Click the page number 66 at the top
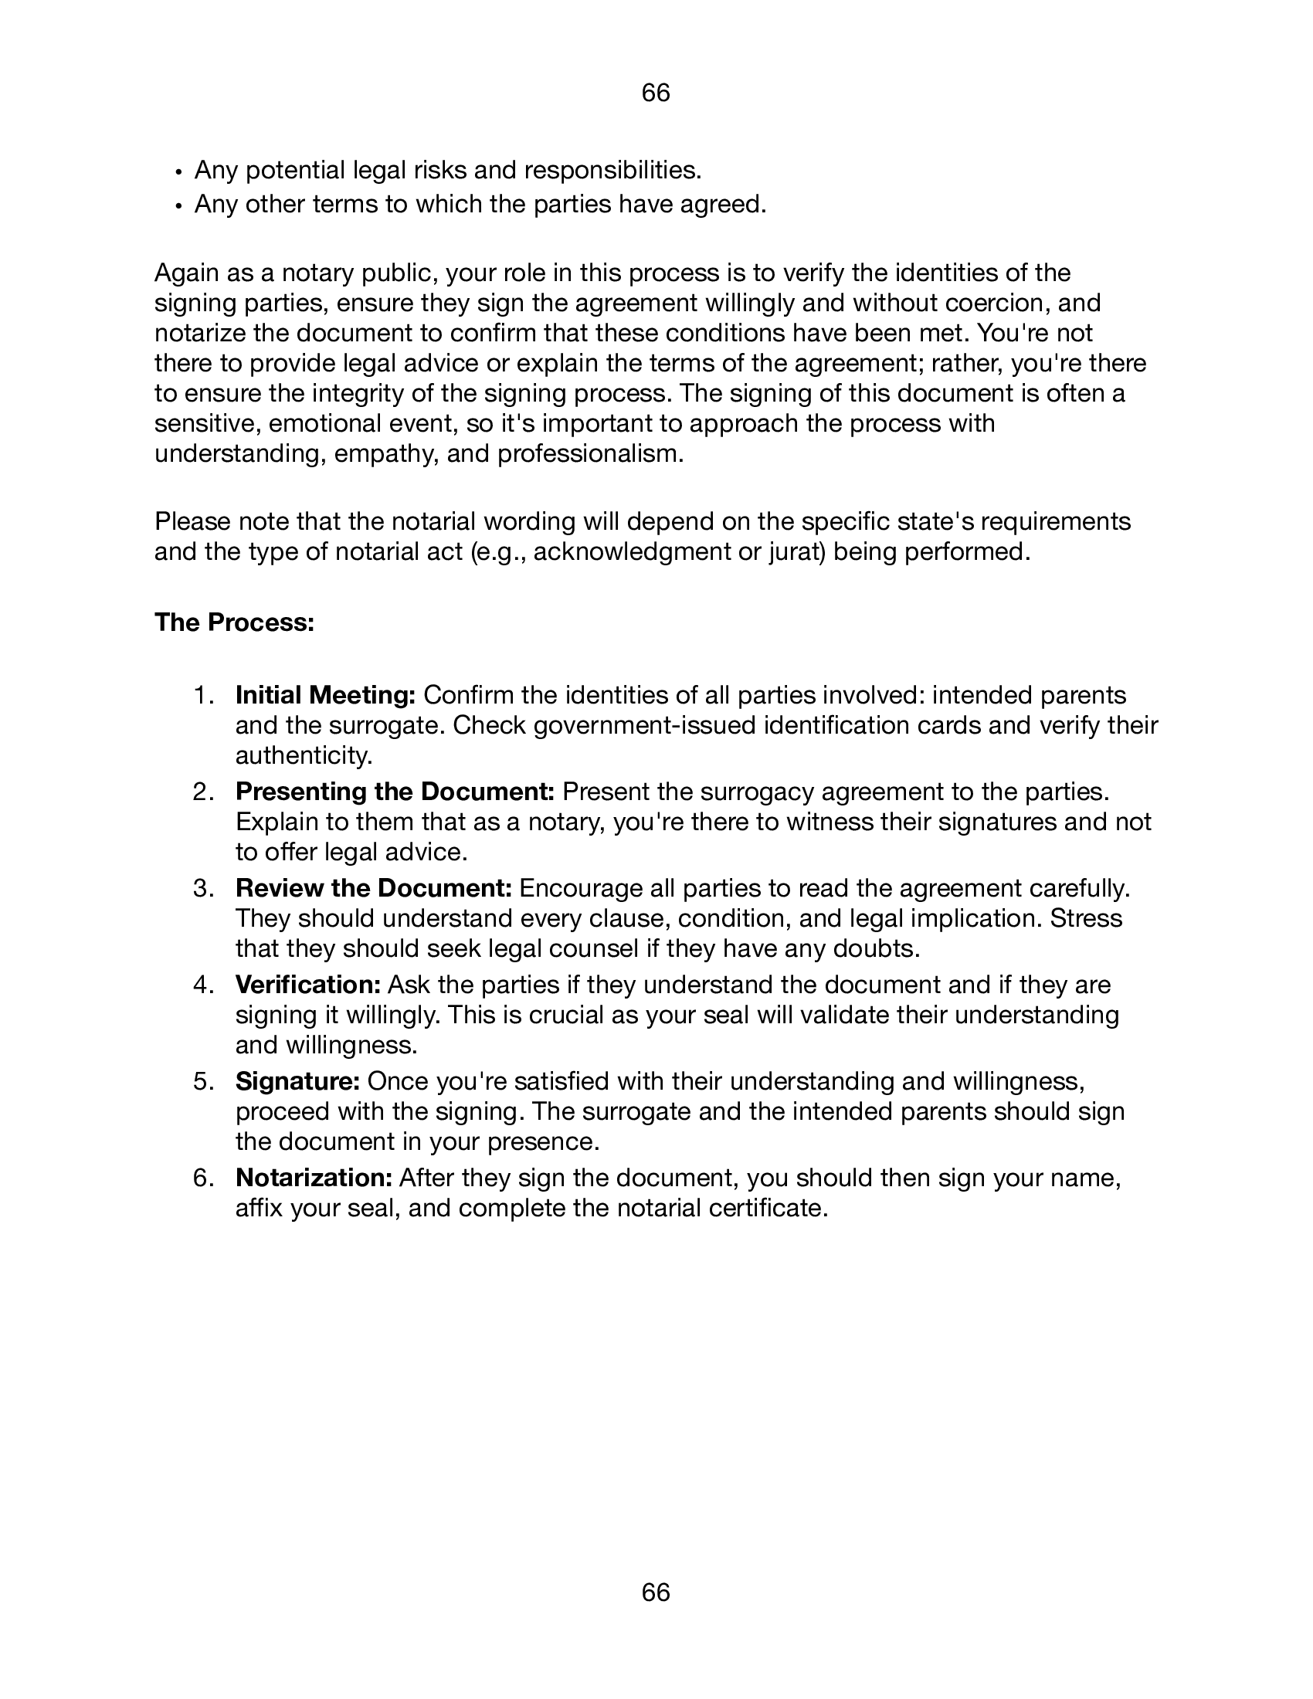point(656,93)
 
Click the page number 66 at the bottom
point(656,1593)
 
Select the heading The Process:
point(234,622)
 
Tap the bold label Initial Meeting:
point(325,695)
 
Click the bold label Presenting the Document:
point(395,791)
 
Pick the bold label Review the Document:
point(373,887)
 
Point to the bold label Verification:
point(308,984)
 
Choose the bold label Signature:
point(297,1080)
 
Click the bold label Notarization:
point(314,1178)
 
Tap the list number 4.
point(202,985)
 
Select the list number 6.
point(202,1178)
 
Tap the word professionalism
point(590,453)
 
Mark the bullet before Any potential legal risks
point(178,171)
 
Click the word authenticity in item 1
point(304,755)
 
